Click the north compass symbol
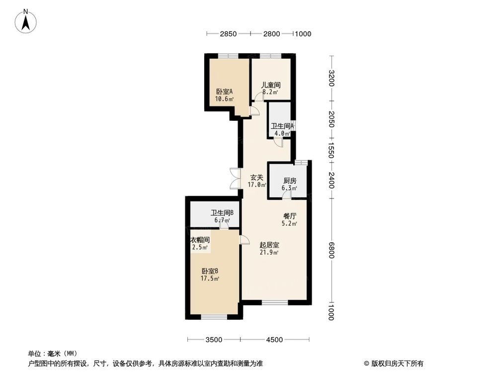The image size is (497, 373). click(x=26, y=21)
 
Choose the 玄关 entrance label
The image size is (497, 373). click(x=256, y=177)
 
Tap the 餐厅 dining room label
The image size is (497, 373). click(x=290, y=216)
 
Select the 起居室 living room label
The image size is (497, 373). click(x=269, y=245)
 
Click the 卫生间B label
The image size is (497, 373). click(x=222, y=213)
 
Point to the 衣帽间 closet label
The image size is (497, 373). click(x=200, y=240)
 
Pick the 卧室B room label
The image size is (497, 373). click(x=210, y=271)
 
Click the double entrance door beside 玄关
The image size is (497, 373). click(x=234, y=178)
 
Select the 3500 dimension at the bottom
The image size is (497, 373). click(x=213, y=340)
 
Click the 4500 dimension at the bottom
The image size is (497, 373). click(x=274, y=340)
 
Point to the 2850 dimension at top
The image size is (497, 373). click(x=228, y=34)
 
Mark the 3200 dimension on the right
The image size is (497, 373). click(x=331, y=79)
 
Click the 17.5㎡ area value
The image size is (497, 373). click(x=210, y=279)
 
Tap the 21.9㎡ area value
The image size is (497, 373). click(x=269, y=253)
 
